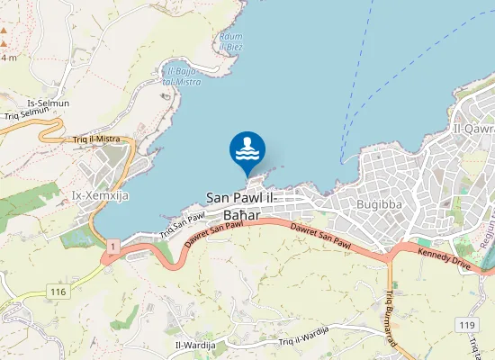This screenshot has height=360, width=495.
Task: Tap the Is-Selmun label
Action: pyautogui.click(x=49, y=103)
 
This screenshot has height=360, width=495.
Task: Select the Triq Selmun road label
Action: pyautogui.click(x=24, y=115)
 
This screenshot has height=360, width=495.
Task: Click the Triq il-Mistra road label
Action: pyautogui.click(x=96, y=139)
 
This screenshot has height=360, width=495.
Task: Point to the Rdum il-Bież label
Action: pyautogui.click(x=231, y=40)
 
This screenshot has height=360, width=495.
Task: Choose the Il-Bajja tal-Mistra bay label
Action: pyautogui.click(x=181, y=76)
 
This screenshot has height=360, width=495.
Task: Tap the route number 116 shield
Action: pyautogui.click(x=59, y=292)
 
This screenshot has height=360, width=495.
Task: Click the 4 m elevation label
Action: pyautogui.click(x=9, y=58)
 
